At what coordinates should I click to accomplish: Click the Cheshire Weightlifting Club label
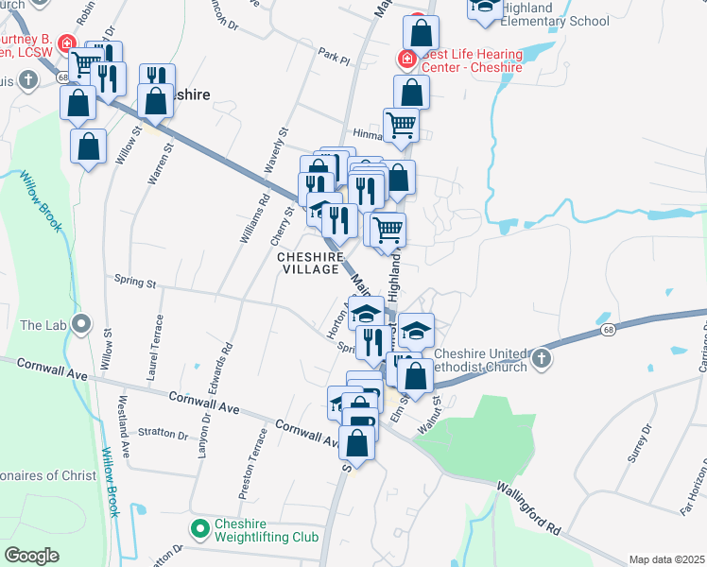tap(258, 533)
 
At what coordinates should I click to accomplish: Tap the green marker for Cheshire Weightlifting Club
tap(198, 528)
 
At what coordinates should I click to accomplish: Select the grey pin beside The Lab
tap(82, 325)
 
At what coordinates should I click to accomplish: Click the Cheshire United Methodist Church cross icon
tap(541, 358)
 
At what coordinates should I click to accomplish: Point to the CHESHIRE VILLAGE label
tap(308, 263)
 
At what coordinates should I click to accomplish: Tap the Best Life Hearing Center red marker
tap(407, 60)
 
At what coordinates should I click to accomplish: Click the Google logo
tap(32, 556)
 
